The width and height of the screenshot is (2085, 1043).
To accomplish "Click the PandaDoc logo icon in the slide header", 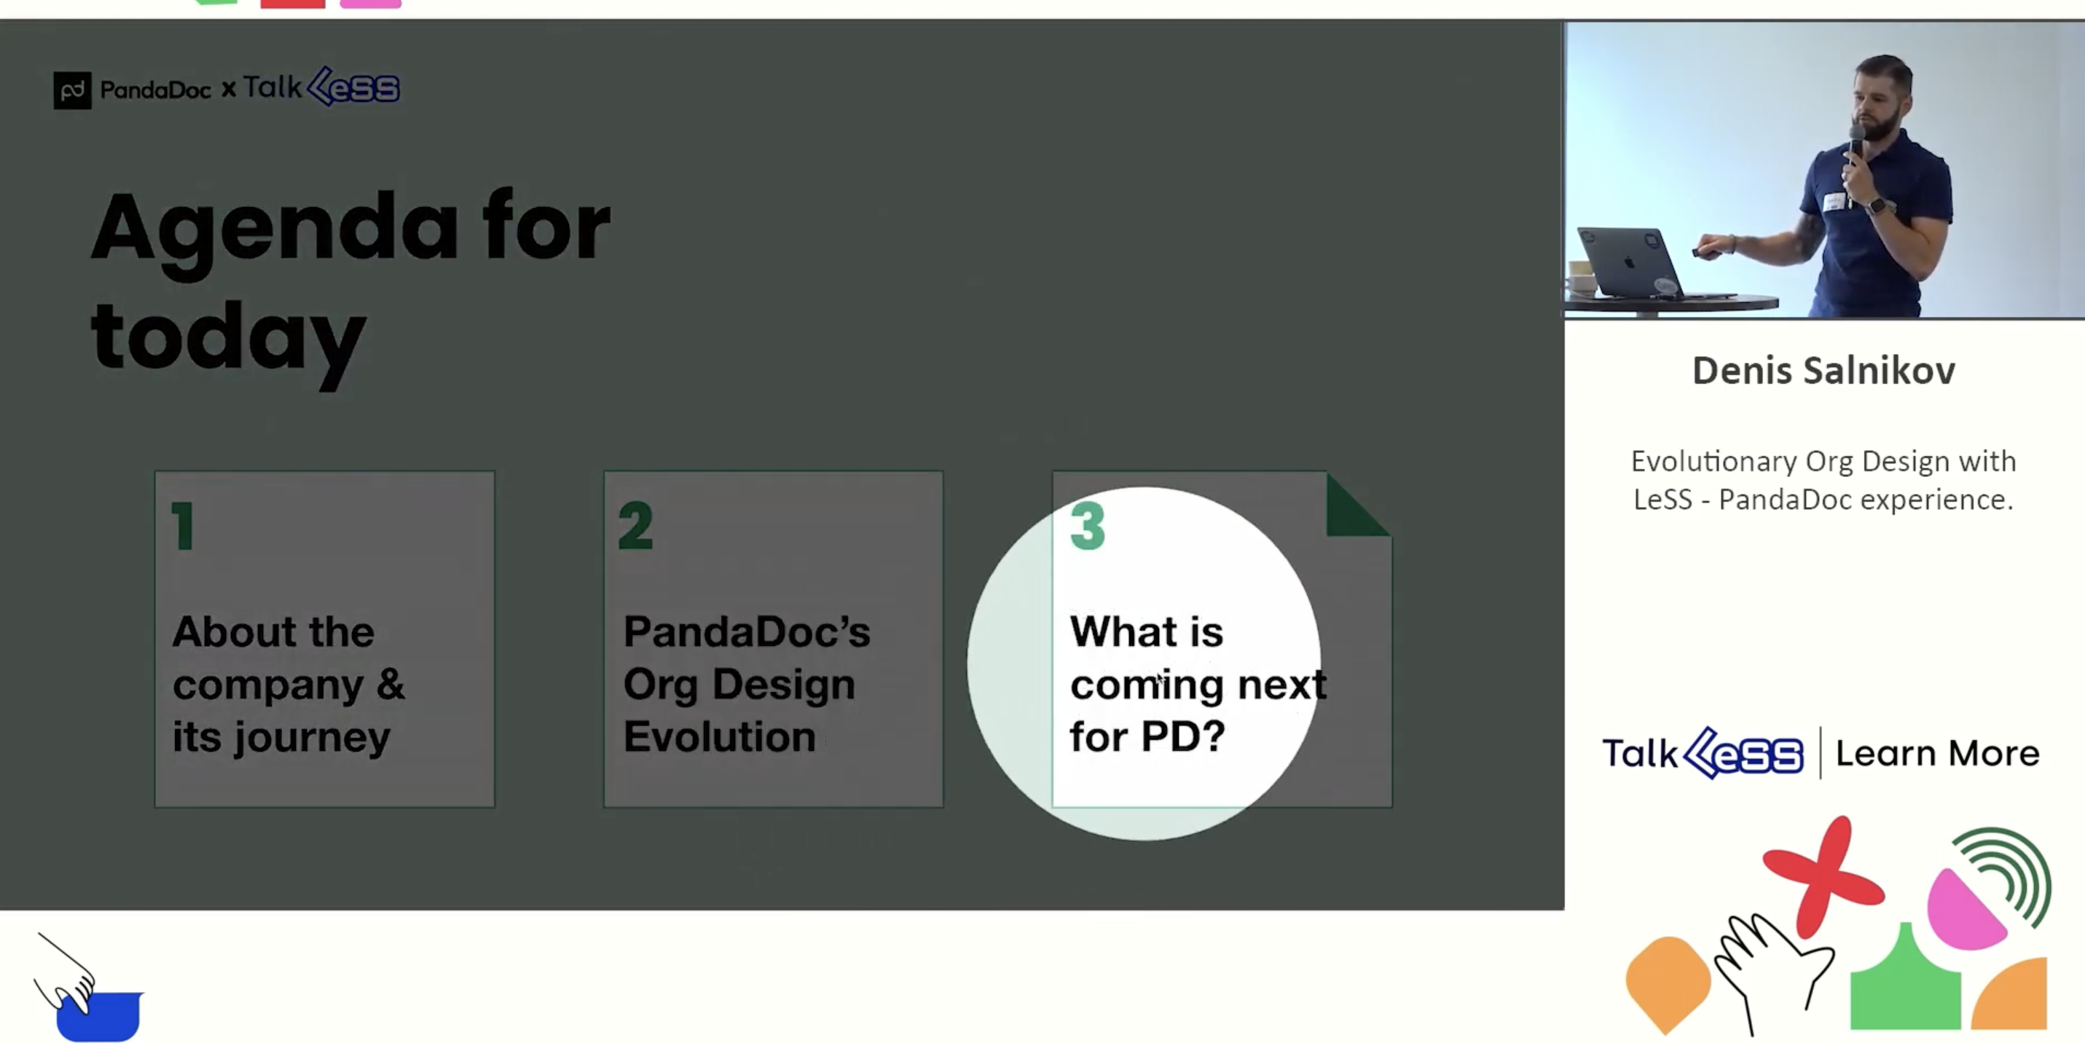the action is (72, 90).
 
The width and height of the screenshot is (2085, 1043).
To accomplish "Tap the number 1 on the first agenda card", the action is (184, 526).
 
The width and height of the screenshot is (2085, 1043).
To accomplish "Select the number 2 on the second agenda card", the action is (635, 526).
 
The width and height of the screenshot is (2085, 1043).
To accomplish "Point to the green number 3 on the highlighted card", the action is (1087, 526).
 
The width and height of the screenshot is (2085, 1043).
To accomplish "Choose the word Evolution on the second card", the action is (720, 736).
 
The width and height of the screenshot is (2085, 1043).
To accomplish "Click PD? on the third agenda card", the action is (1182, 736).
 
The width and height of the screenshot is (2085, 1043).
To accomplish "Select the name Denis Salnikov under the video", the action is (1823, 371).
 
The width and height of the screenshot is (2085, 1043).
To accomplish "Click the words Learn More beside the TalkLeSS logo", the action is (1937, 753).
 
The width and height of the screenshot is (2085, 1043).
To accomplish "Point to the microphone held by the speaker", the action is (1856, 146).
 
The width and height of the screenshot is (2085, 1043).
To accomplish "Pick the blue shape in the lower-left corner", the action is (99, 1016).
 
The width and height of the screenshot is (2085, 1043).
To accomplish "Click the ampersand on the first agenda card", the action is (390, 685).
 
